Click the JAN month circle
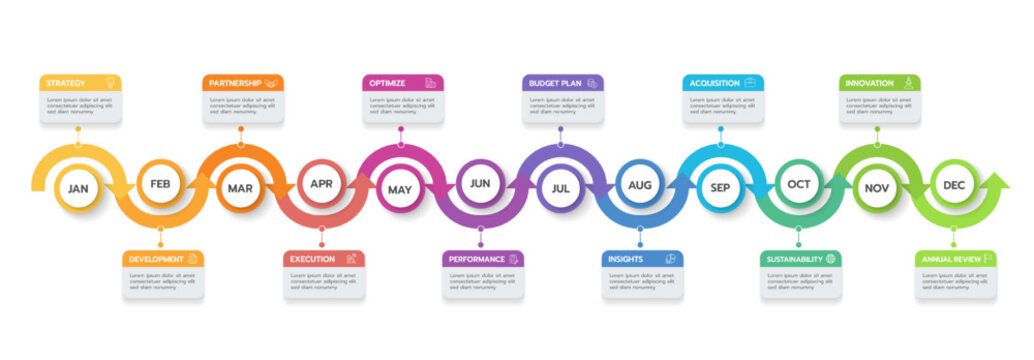[78, 188]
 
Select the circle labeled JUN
[480, 183]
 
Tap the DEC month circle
[955, 184]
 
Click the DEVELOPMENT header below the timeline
[163, 259]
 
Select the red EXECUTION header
[323, 259]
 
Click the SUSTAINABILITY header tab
[801, 259]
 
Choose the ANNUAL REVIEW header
[955, 259]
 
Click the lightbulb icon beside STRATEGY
[110, 83]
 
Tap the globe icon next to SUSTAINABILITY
[830, 259]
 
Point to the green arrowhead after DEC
[997, 184]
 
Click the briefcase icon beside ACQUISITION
[750, 83]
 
